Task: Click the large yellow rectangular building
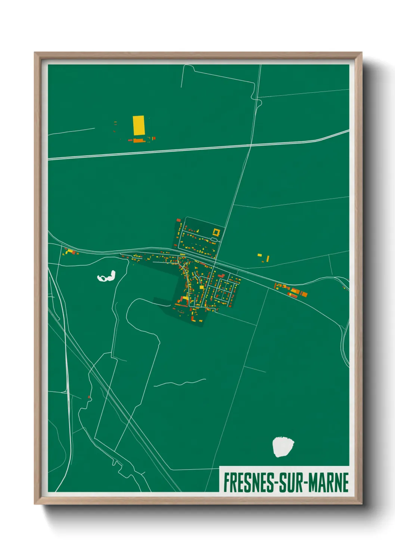[139, 125]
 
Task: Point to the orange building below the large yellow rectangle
[138, 140]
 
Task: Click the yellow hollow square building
[215, 232]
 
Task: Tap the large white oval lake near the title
[283, 447]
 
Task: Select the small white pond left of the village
[107, 277]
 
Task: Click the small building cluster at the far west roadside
[70, 252]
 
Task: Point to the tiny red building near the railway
[89, 397]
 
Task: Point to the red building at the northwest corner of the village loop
[178, 220]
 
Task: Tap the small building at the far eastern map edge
[344, 287]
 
